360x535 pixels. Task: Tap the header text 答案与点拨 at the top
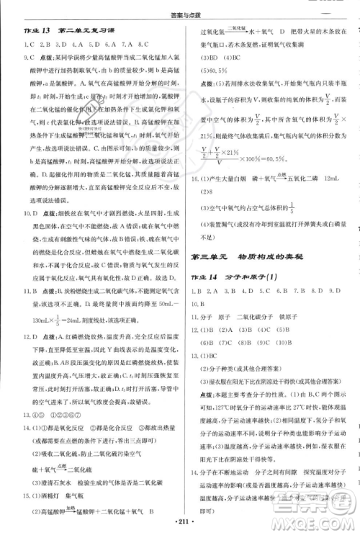[179, 8]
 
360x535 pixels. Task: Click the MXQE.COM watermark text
[318, 518]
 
